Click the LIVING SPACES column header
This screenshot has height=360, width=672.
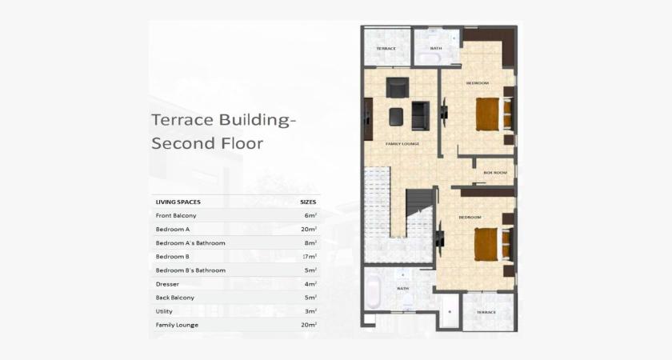(178, 202)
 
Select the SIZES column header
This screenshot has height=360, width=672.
(308, 202)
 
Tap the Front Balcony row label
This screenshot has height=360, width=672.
(176, 216)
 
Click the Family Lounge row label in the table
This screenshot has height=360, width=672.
(177, 325)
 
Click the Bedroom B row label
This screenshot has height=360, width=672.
(172, 257)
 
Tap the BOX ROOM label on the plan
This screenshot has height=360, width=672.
(495, 173)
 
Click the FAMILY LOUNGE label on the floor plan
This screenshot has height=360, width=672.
(402, 144)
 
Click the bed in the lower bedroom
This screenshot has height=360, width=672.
(487, 244)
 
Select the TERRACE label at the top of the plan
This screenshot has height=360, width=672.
(386, 49)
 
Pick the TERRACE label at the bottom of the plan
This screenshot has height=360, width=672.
(486, 313)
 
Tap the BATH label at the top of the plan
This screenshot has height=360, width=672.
(436, 48)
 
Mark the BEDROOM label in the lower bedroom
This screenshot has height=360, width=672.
(470, 218)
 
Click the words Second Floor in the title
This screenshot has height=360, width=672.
(207, 144)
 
